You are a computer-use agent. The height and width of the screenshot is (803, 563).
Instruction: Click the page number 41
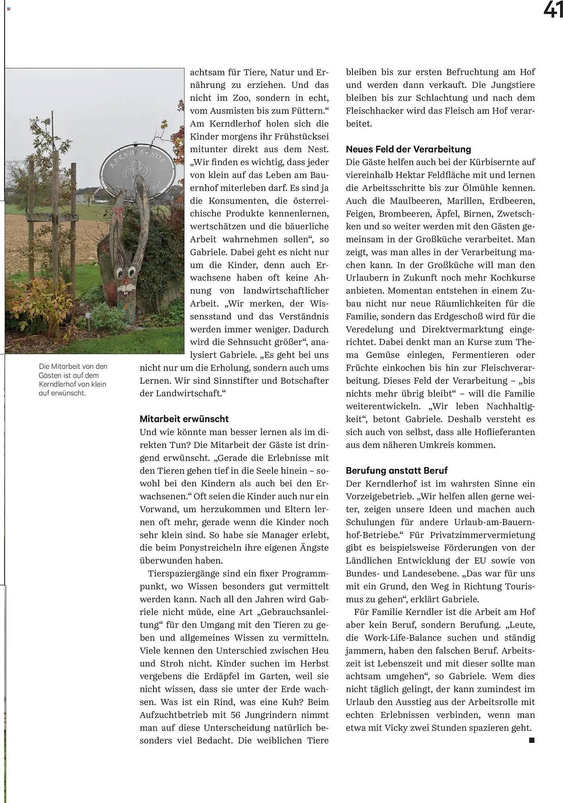pyautogui.click(x=553, y=10)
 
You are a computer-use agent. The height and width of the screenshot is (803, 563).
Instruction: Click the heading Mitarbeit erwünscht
pyautogui.click(x=184, y=419)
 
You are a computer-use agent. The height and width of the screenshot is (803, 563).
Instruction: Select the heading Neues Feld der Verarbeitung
pyautogui.click(x=408, y=149)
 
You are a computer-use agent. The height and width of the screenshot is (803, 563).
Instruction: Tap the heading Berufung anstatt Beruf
pyautogui.click(x=397, y=470)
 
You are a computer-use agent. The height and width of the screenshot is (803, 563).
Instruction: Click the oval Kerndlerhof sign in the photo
pyautogui.click(x=138, y=169)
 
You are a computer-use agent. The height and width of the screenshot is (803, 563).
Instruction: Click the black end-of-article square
pyautogui.click(x=532, y=740)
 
